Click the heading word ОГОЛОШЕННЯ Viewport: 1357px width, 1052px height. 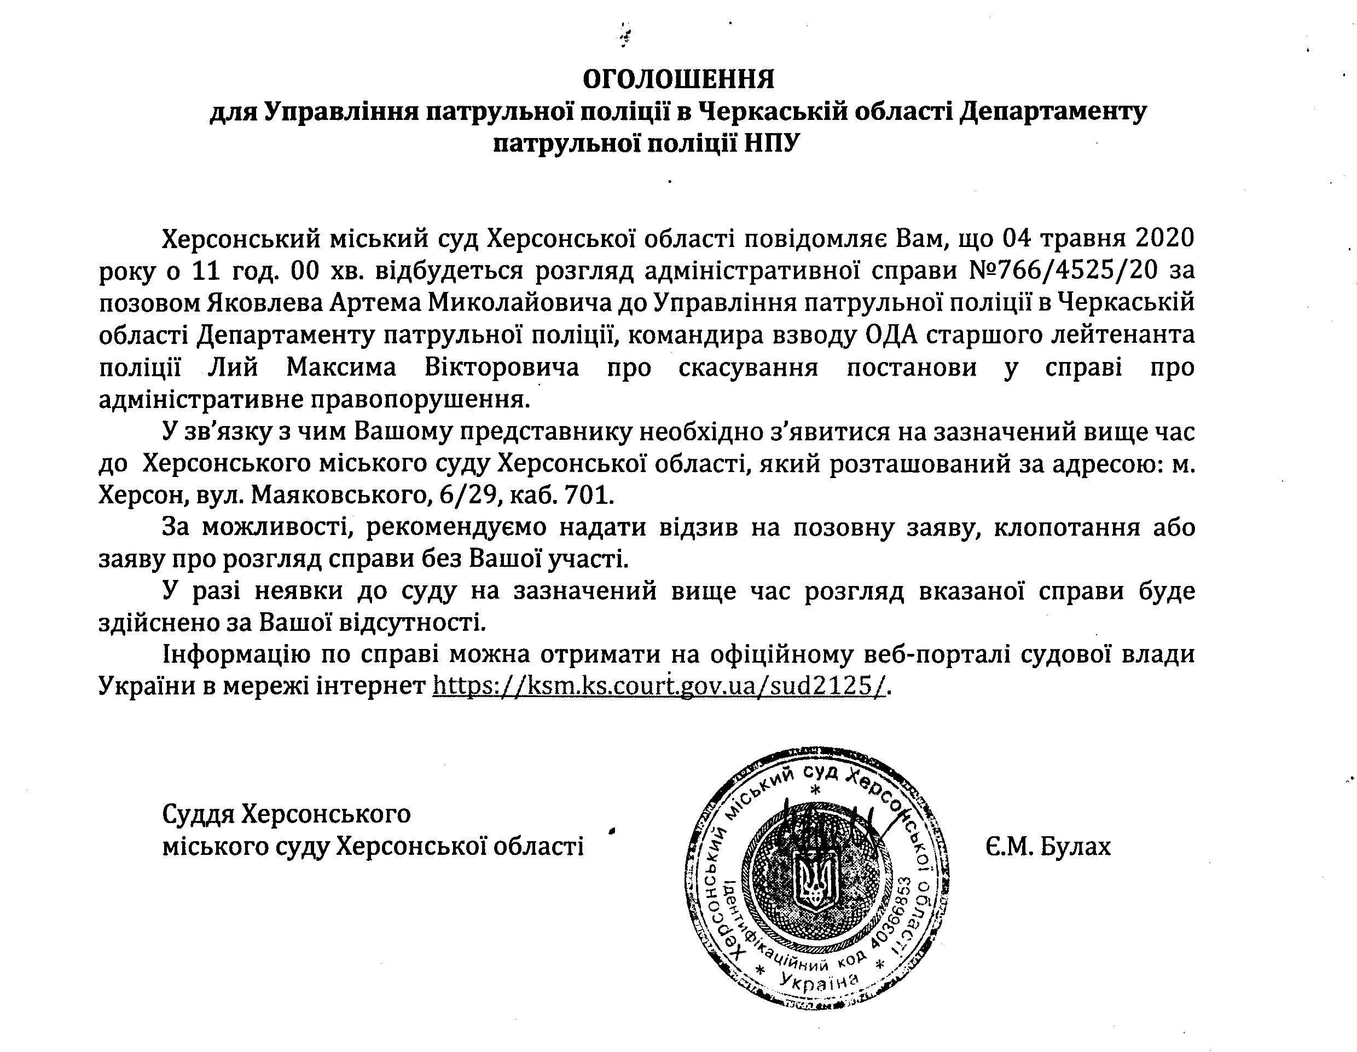point(678,79)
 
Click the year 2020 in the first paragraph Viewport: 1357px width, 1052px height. point(1164,239)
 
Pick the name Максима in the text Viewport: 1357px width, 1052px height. point(340,367)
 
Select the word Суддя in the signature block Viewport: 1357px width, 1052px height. point(198,813)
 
